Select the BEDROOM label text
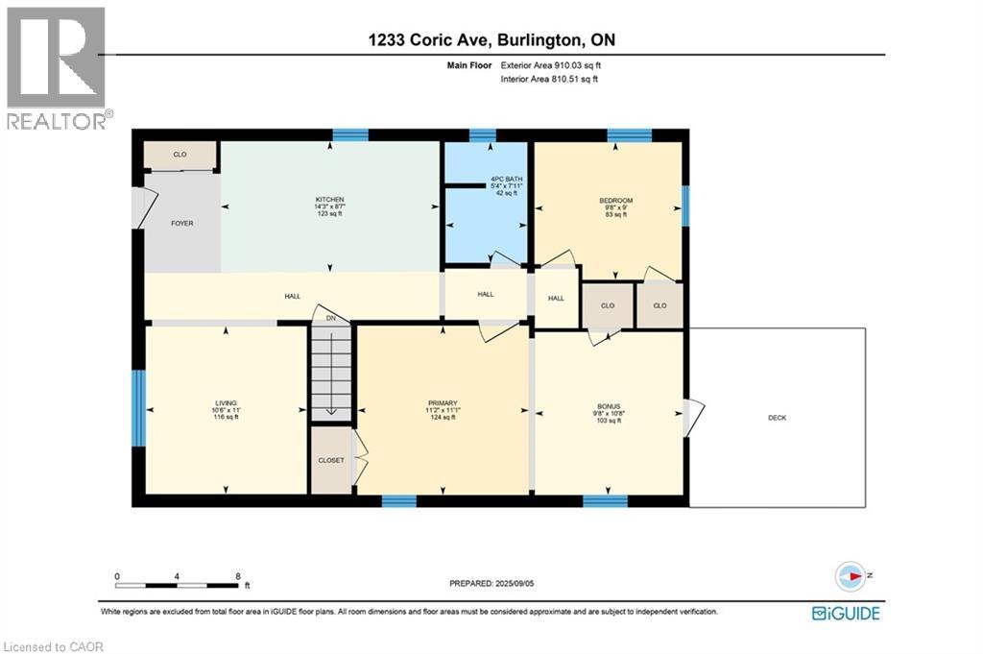pyautogui.click(x=610, y=201)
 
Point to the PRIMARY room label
pyautogui.click(x=443, y=403)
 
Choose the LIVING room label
pyautogui.click(x=226, y=402)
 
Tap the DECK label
pyautogui.click(x=776, y=418)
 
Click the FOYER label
pyautogui.click(x=182, y=224)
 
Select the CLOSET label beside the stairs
pyautogui.click(x=331, y=460)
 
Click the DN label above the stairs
pyautogui.click(x=330, y=318)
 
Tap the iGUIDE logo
pyautogui.click(x=846, y=613)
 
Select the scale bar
pyautogui.click(x=178, y=583)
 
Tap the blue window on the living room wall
pyautogui.click(x=138, y=408)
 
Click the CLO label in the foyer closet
pyautogui.click(x=180, y=154)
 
